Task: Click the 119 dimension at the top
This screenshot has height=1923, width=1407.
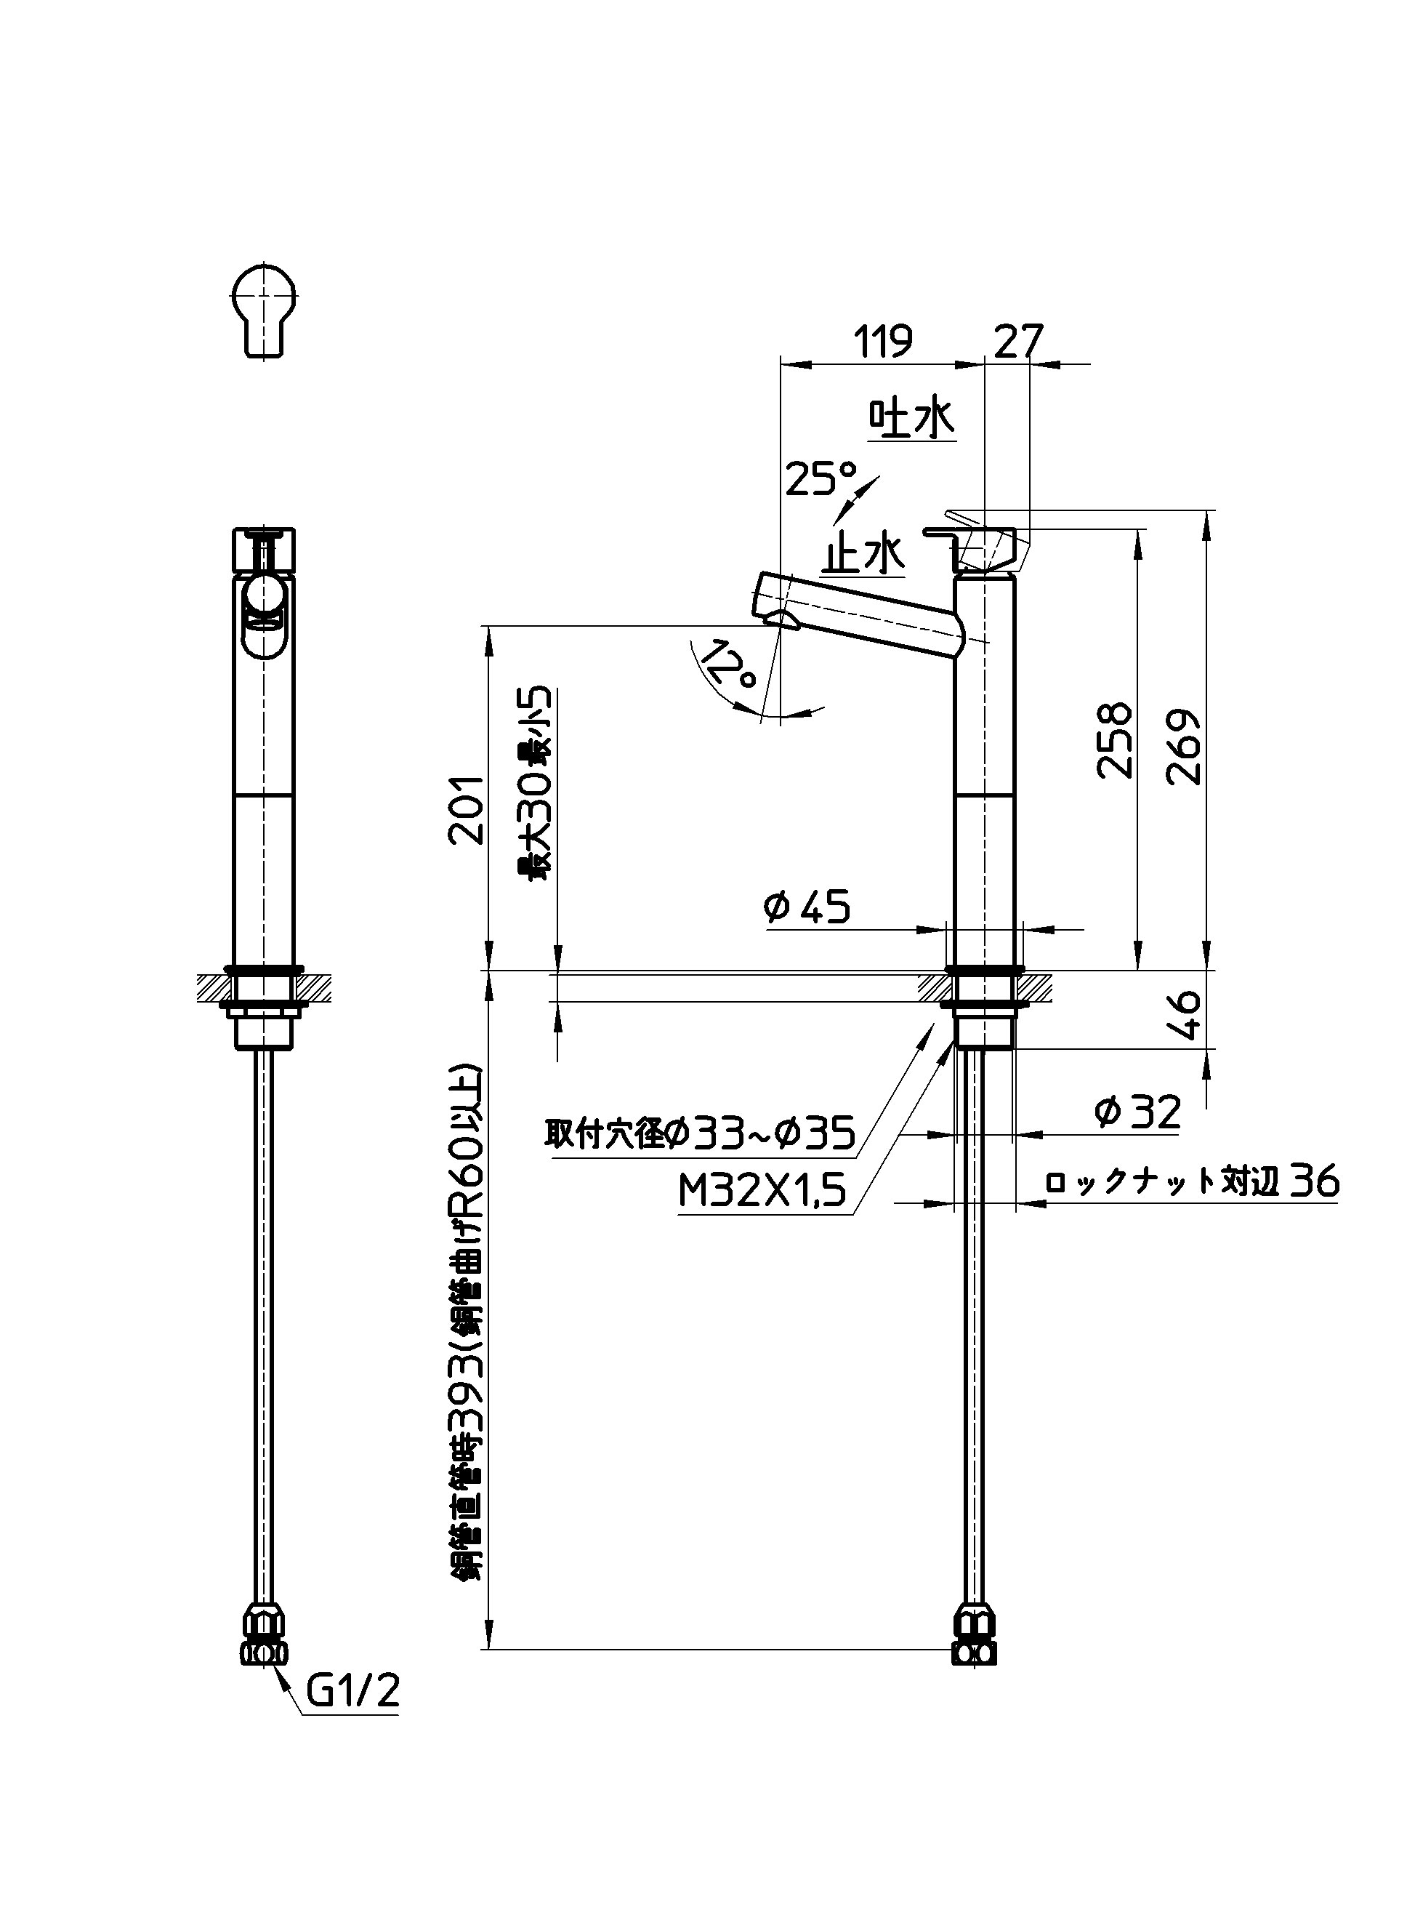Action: pyautogui.click(x=883, y=342)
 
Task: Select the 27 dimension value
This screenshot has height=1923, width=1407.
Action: pyautogui.click(x=1019, y=342)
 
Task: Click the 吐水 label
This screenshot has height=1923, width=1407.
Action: pyautogui.click(x=911, y=419)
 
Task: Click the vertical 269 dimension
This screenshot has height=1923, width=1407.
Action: pyautogui.click(x=1184, y=747)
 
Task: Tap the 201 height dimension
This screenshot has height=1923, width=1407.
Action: pyautogui.click(x=467, y=809)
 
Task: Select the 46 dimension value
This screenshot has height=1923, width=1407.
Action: pyautogui.click(x=1186, y=1016)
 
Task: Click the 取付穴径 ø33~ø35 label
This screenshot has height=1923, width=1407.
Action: pyautogui.click(x=698, y=1134)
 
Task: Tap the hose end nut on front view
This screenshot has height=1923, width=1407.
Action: pyautogui.click(x=263, y=1634)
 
